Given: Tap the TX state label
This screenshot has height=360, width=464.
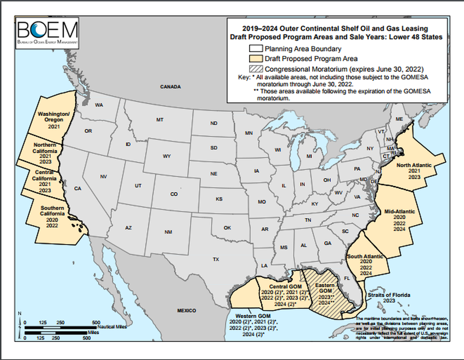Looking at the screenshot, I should [x=216, y=259].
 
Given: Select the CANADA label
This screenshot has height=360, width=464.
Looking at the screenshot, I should [x=170, y=87].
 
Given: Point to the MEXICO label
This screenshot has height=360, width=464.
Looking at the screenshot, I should [x=186, y=310].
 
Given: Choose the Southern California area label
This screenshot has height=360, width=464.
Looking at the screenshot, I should [x=52, y=211].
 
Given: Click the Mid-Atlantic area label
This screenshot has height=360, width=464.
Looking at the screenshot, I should [x=399, y=211].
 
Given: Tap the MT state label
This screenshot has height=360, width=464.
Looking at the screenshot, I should [x=160, y=120].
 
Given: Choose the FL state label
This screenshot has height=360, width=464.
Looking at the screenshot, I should [x=347, y=279].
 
